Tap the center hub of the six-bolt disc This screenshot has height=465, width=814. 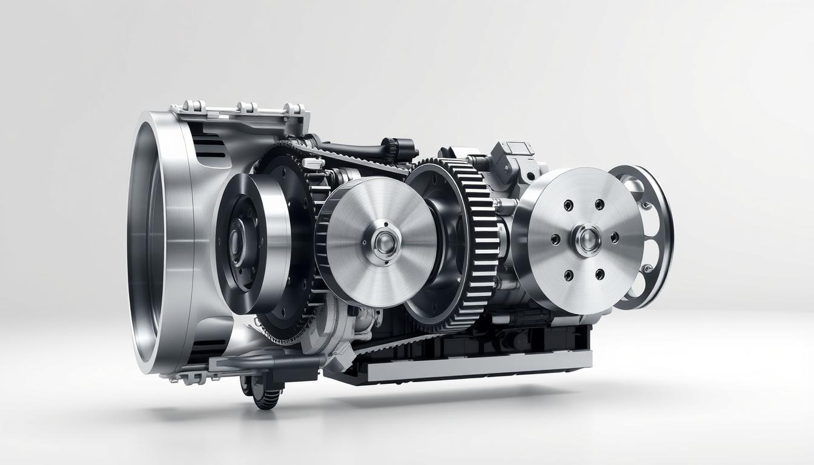coord(586,239)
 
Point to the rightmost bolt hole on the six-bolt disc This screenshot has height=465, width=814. coord(615,237)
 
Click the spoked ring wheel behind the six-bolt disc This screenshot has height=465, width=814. coord(651,236)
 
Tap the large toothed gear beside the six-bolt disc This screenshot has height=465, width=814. coord(478,242)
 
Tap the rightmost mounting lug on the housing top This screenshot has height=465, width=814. coord(295,109)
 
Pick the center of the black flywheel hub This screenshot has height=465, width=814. coord(237,242)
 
